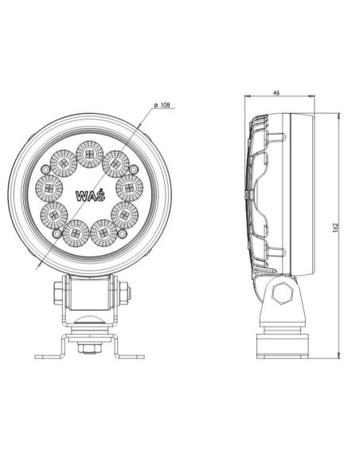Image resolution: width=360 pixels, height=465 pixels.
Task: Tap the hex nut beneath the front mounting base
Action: (x=88, y=348)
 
